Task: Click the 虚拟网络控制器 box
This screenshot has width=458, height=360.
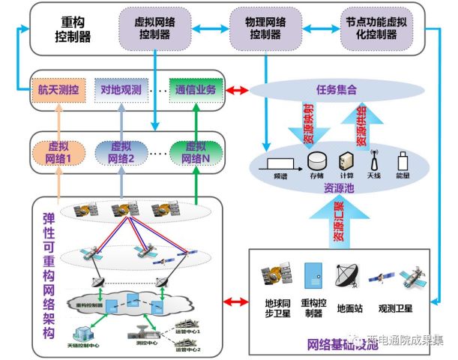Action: (x=154, y=28)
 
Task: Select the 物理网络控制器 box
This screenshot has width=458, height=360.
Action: (x=256, y=28)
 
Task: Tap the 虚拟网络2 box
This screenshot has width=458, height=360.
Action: (x=122, y=152)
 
